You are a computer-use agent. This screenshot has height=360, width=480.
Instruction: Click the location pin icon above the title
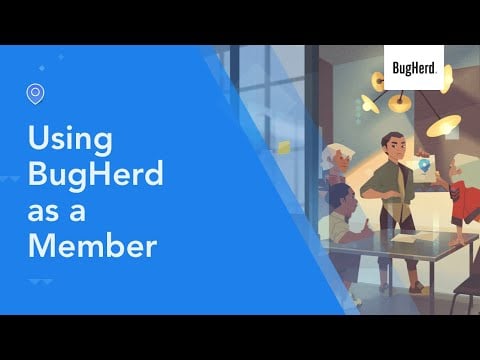click(x=36, y=94)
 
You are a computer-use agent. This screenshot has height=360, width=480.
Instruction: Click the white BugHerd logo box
click(x=413, y=68)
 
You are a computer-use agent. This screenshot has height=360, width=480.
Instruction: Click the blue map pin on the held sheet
click(x=425, y=165)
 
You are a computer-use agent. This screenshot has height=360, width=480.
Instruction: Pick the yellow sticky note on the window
click(x=284, y=147)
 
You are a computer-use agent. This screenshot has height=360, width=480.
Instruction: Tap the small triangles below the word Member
click(x=40, y=282)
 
